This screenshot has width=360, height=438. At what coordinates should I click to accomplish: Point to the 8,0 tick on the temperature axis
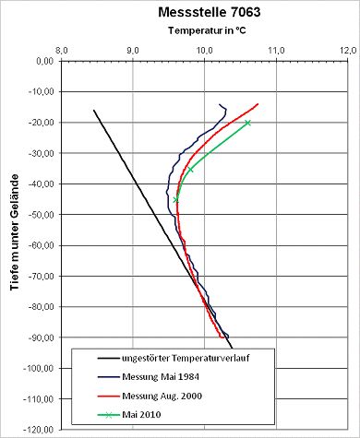(61, 50)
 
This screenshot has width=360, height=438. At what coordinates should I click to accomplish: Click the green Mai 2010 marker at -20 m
(248, 123)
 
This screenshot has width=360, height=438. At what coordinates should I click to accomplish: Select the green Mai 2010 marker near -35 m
(190, 170)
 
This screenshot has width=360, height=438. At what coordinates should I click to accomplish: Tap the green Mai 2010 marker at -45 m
(176, 199)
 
